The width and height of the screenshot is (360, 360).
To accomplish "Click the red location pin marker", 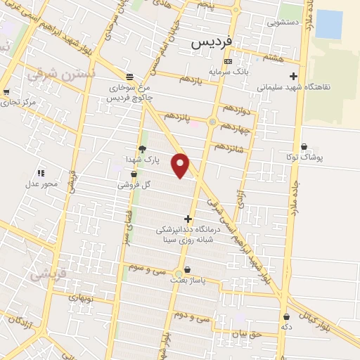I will tap(181, 165).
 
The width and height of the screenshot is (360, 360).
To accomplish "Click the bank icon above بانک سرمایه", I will tap(227, 61).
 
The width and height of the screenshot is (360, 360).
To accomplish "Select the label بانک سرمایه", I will tap(227, 72).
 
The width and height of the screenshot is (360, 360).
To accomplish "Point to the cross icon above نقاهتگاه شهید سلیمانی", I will tap(293, 77).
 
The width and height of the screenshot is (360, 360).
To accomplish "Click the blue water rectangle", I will tap(329, 25).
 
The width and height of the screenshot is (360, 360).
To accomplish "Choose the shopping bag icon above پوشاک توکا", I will tap(304, 146).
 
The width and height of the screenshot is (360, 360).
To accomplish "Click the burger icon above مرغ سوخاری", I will tap(129, 77).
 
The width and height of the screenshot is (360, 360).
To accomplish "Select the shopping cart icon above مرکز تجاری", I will tap(6, 92).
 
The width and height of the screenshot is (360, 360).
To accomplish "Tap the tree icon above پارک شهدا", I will tap(142, 149).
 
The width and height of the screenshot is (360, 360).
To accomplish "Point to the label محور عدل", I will tap(40, 184).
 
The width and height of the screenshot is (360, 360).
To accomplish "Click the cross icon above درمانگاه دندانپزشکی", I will tap(188, 219).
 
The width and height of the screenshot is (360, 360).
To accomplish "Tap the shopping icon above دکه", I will tap(286, 316).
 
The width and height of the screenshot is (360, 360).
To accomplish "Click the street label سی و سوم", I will tap(148, 267).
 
